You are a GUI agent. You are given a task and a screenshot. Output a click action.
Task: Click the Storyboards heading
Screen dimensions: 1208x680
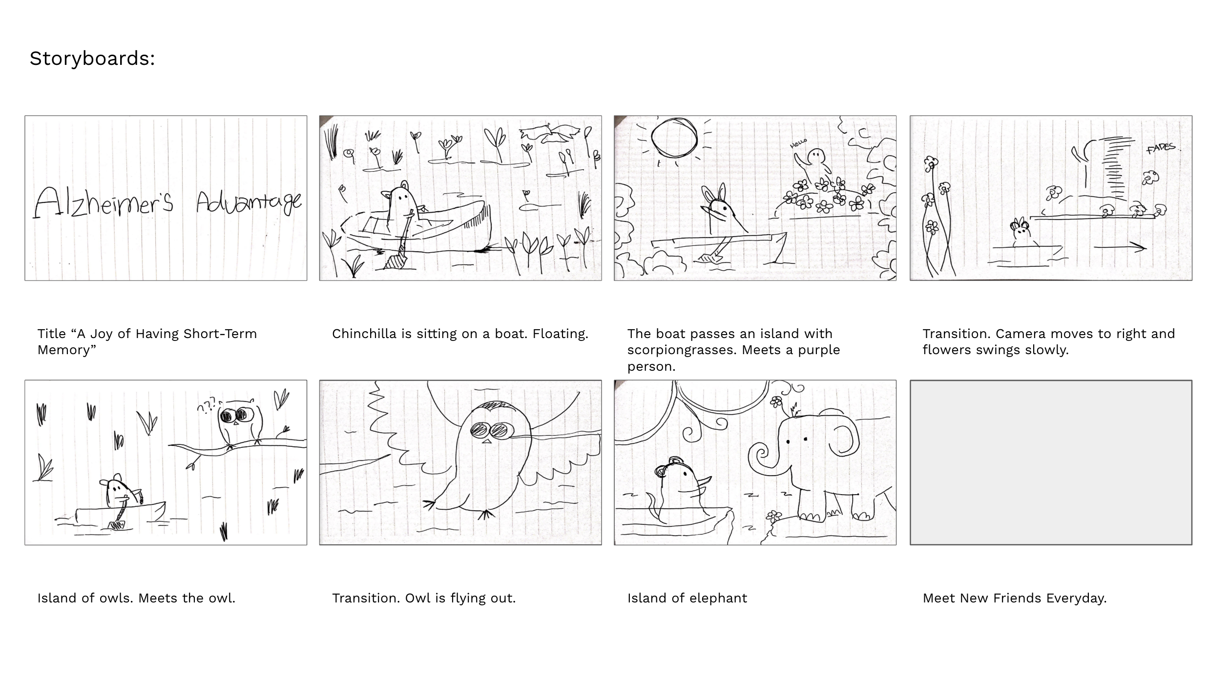point(92,59)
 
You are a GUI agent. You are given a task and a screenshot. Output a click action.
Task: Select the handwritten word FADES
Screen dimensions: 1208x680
point(1161,147)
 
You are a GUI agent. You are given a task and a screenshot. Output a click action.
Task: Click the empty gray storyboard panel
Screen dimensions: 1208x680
point(1051,462)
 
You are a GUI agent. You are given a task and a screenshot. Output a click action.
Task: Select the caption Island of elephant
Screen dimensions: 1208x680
point(687,598)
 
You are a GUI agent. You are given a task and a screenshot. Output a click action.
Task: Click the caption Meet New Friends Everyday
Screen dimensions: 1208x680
point(1015,598)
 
